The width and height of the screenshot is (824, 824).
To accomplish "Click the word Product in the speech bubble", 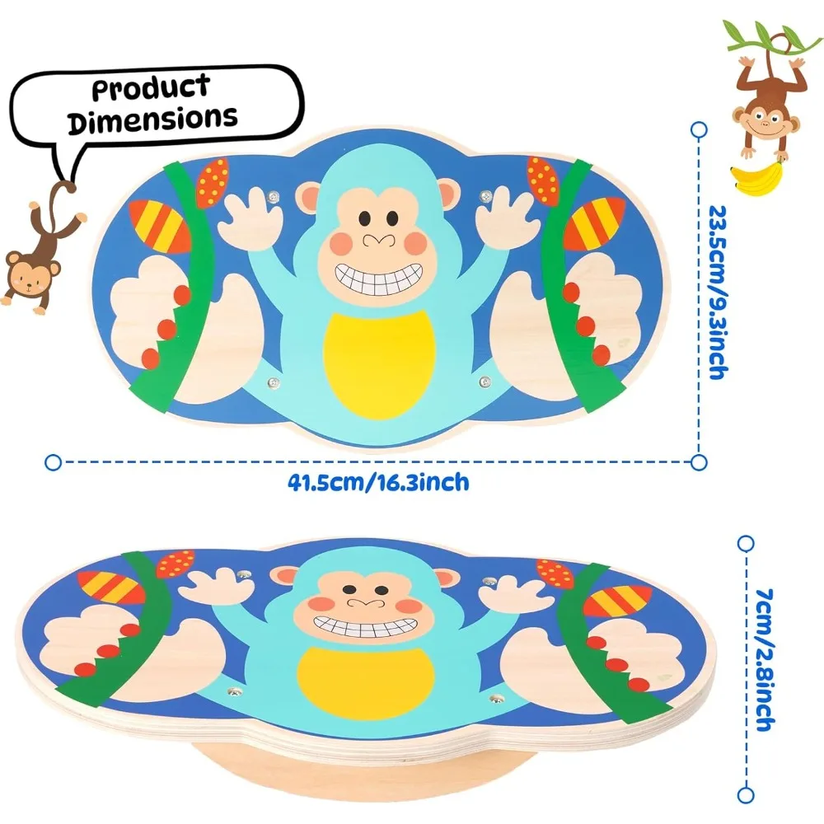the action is click(151, 87).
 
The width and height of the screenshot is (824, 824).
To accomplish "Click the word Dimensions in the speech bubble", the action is click(152, 119).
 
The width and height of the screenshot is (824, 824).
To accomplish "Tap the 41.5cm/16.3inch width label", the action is click(378, 482).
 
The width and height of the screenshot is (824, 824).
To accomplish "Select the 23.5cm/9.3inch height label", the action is click(719, 293).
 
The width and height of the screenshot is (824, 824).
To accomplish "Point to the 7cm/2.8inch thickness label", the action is click(764, 660).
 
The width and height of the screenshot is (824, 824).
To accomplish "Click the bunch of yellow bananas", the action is click(757, 178).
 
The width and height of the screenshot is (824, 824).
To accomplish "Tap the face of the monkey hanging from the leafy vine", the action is click(765, 122).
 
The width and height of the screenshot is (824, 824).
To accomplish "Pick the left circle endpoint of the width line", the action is click(53, 462).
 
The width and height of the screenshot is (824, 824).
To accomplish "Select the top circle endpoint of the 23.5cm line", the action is click(699, 130).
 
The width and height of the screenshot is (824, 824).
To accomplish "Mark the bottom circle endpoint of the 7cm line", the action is click(746, 795).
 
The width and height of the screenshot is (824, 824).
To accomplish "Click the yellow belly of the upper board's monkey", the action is click(379, 364).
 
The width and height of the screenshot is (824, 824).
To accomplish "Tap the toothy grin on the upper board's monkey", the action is click(378, 279).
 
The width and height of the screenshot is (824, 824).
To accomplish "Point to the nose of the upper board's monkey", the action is click(378, 240).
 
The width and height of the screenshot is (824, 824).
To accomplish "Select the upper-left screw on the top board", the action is click(273, 197).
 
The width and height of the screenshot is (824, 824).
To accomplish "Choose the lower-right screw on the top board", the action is click(485, 382).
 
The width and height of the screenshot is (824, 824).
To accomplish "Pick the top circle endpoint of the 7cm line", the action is click(746, 543).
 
